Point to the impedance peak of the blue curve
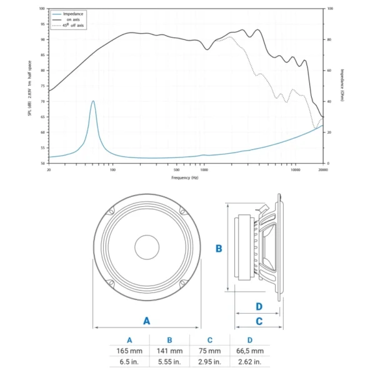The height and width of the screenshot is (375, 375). click(x=93, y=101)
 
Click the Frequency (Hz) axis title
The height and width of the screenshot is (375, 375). click(x=186, y=177)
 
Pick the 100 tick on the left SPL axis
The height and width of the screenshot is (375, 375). click(x=42, y=9)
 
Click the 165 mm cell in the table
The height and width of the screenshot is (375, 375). click(x=129, y=351)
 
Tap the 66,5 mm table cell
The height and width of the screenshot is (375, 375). click(x=250, y=351)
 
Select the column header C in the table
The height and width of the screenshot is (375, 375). click(x=210, y=340)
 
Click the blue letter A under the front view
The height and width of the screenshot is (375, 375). click(x=147, y=321)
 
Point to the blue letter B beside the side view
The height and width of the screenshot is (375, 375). click(x=219, y=248)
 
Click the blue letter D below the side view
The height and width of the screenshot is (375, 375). click(x=259, y=306)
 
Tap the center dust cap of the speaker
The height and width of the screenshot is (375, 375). click(x=147, y=247)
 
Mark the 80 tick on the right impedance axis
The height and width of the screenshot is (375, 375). click(x=329, y=39)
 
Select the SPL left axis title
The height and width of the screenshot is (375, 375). click(x=29, y=86)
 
